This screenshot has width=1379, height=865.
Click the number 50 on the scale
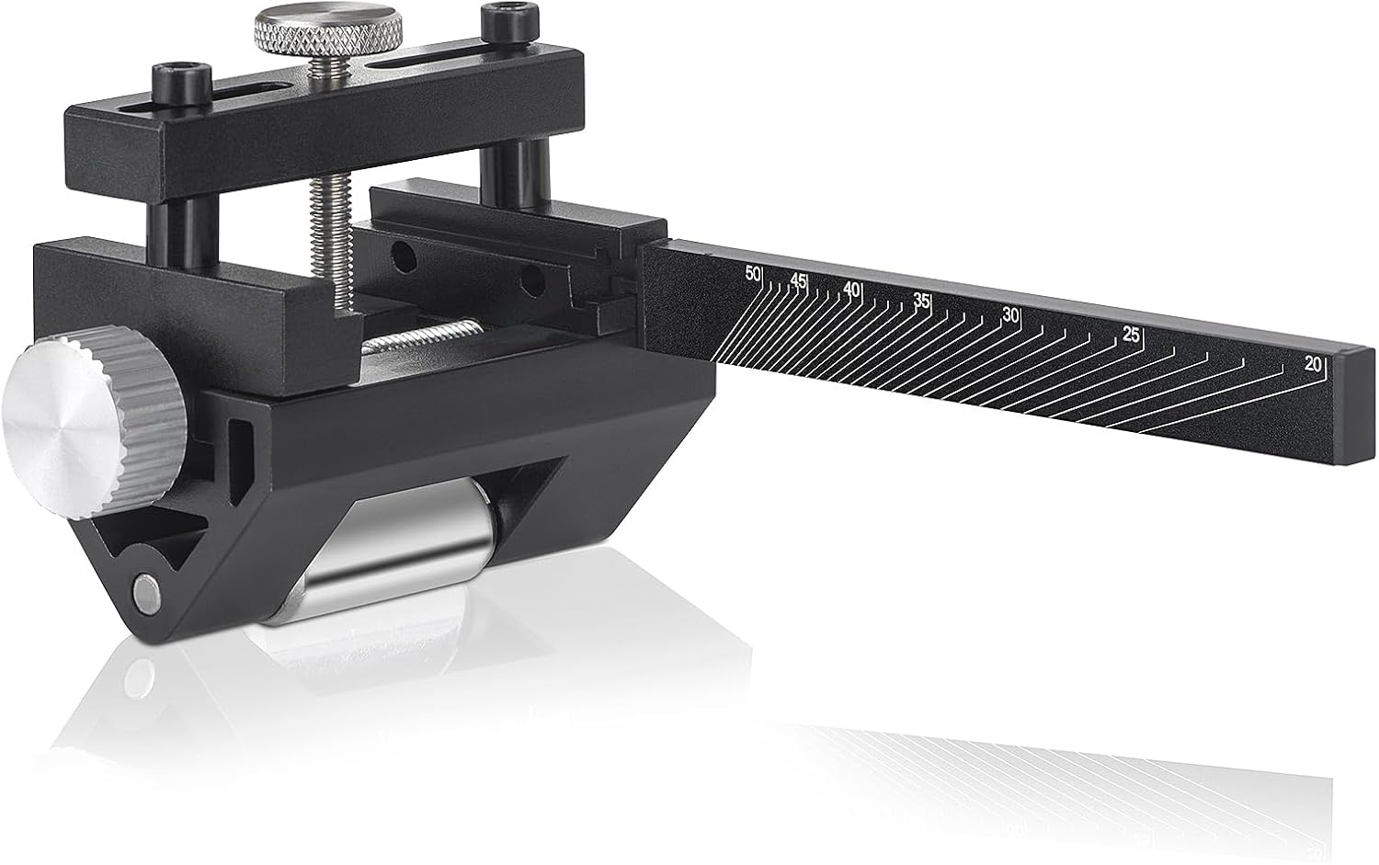click(753, 274)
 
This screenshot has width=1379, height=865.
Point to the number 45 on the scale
click(798, 280)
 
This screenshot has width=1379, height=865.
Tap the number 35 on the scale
click(921, 301)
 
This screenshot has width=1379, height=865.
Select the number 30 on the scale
click(1011, 315)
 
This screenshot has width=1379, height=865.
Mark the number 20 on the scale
click(1313, 364)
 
